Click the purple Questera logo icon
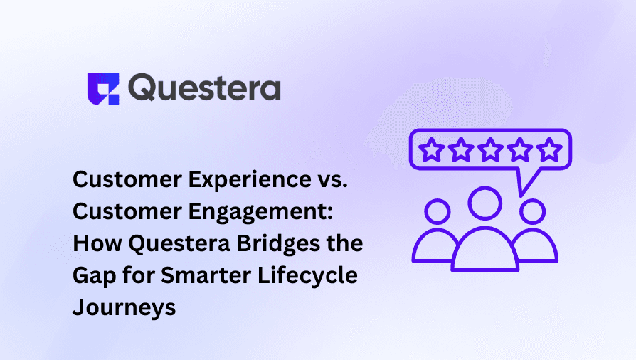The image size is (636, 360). [104, 88]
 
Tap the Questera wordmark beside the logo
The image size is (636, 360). [205, 88]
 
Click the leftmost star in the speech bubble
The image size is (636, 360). [433, 150]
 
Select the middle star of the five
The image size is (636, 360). [491, 150]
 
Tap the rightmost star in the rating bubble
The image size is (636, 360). [548, 150]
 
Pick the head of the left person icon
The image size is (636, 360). [437, 211]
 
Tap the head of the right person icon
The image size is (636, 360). [532, 211]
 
